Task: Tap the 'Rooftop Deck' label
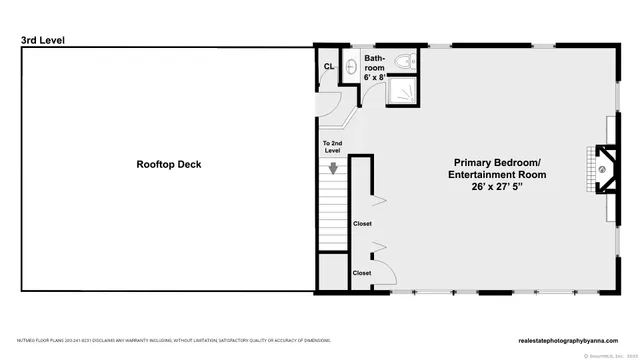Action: point(168,164)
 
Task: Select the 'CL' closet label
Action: point(328,67)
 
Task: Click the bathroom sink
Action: point(352,67)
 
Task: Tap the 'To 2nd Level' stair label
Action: point(333,148)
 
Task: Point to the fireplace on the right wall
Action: point(600,169)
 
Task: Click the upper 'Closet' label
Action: point(361,224)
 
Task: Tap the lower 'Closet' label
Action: point(361,272)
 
